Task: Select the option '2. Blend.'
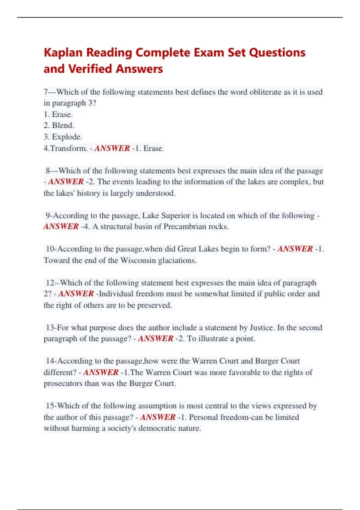pyautogui.click(x=59, y=125)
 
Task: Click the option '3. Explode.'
pyautogui.click(x=63, y=137)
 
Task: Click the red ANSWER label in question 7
pyautogui.click(x=112, y=148)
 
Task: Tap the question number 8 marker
pyautogui.click(x=48, y=171)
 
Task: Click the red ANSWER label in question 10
pyautogui.click(x=295, y=249)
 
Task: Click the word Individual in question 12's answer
pyautogui.click(x=116, y=294)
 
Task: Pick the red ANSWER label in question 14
pyautogui.click(x=101, y=372)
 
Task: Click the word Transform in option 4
pyautogui.click(x=69, y=148)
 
